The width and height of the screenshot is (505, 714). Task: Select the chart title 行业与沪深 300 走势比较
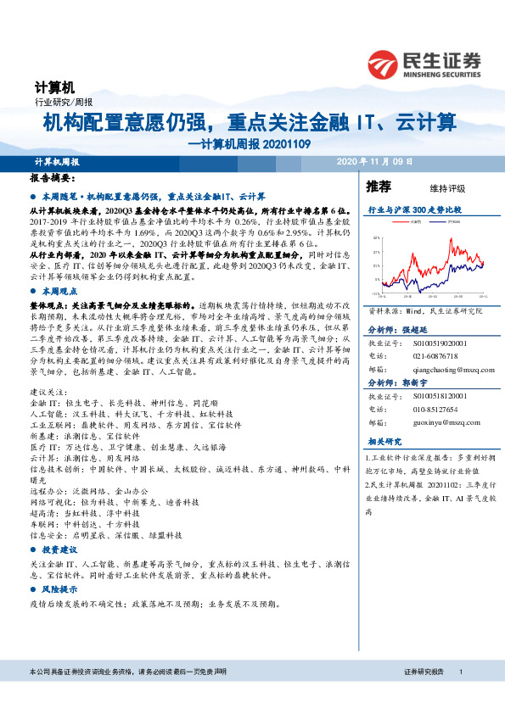(413, 209)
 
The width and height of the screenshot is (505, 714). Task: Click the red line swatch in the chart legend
(400, 220)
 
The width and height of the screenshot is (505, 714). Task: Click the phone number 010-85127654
(433, 409)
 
